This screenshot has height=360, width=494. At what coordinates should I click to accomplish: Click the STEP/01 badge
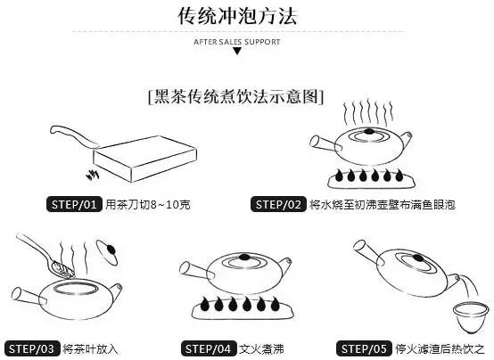pyautogui.click(x=74, y=204)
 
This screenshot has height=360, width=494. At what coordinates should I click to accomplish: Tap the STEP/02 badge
pyautogui.click(x=278, y=204)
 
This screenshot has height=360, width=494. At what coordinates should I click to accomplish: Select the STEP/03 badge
pyautogui.click(x=32, y=348)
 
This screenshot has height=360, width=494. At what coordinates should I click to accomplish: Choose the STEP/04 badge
pyautogui.click(x=209, y=348)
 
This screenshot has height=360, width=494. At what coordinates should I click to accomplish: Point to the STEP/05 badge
pyautogui.click(x=365, y=348)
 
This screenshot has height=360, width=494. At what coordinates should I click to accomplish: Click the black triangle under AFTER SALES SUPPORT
pyautogui.click(x=237, y=51)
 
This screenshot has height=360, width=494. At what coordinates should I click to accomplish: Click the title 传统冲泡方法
pyautogui.click(x=237, y=16)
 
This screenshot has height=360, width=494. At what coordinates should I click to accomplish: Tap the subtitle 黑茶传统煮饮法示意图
pyautogui.click(x=236, y=96)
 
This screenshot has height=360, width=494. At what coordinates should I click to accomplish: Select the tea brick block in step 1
pyautogui.click(x=145, y=159)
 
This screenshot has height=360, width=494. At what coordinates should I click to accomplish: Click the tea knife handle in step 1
pyautogui.click(x=74, y=136)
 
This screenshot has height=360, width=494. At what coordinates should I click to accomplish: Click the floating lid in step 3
pyautogui.click(x=107, y=252)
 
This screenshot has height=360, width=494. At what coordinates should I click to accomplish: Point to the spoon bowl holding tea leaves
pyautogui.click(x=62, y=269)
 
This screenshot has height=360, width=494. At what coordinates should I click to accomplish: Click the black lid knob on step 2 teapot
pyautogui.click(x=369, y=131)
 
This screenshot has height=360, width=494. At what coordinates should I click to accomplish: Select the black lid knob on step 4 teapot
pyautogui.click(x=243, y=257)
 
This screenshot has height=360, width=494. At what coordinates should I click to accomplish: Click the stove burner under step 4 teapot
pyautogui.click(x=243, y=308)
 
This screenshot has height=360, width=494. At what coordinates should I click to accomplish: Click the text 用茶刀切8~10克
pyautogui.click(x=148, y=204)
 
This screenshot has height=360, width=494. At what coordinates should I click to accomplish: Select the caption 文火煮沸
pyautogui.click(x=261, y=349)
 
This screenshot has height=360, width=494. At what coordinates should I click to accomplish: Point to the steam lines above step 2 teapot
pyautogui.click(x=368, y=112)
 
